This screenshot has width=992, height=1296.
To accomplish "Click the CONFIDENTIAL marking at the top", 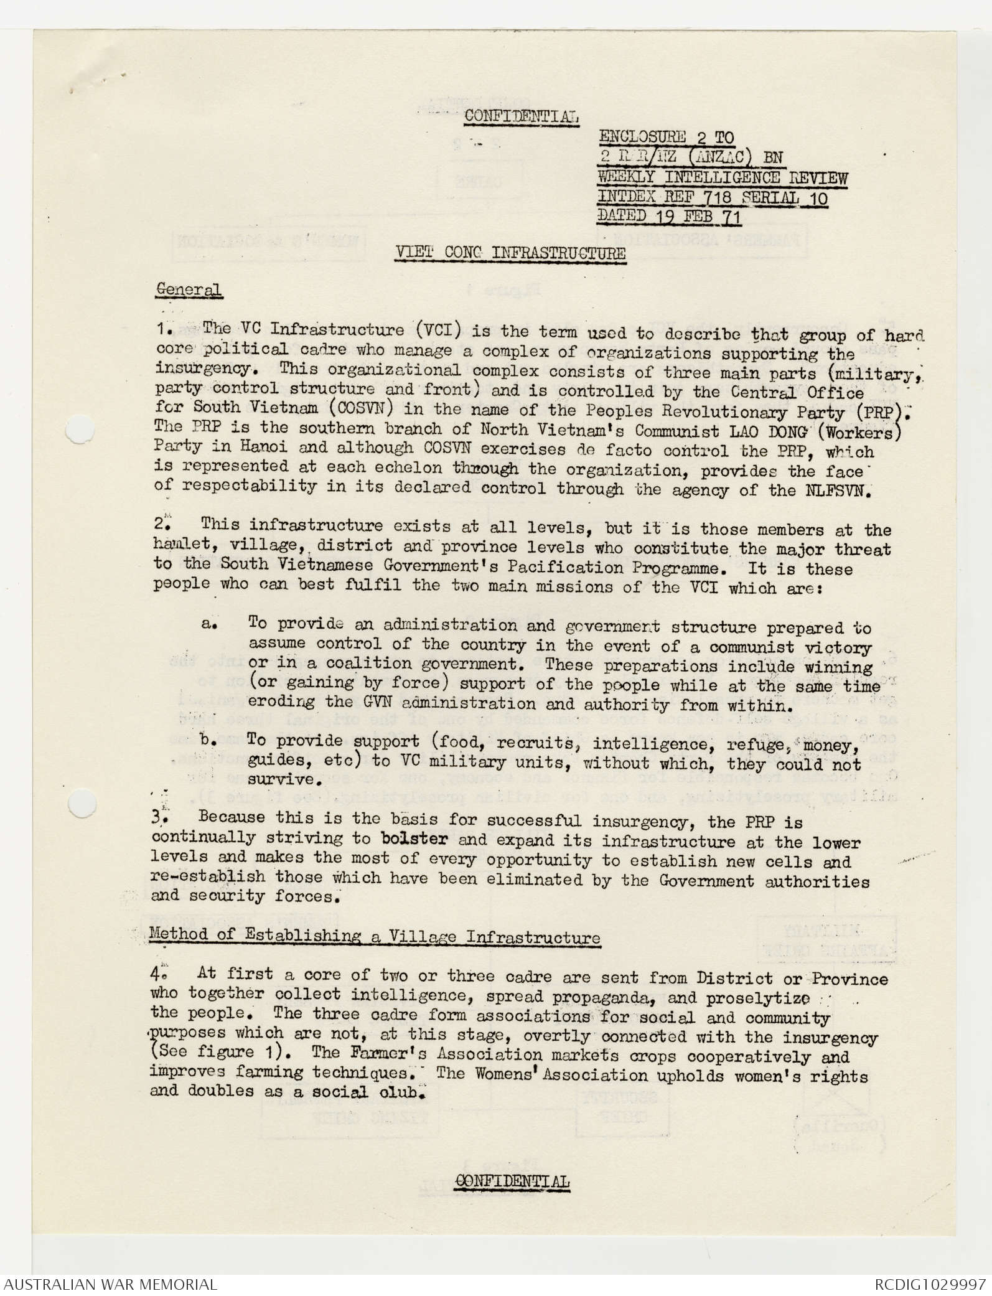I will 522,116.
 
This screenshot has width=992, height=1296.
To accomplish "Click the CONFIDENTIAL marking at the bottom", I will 513,1182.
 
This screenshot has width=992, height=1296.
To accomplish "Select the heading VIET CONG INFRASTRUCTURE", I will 511,253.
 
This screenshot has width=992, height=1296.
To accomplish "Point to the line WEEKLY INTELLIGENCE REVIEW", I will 722,177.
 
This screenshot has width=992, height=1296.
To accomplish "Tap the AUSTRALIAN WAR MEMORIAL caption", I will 109,1284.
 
